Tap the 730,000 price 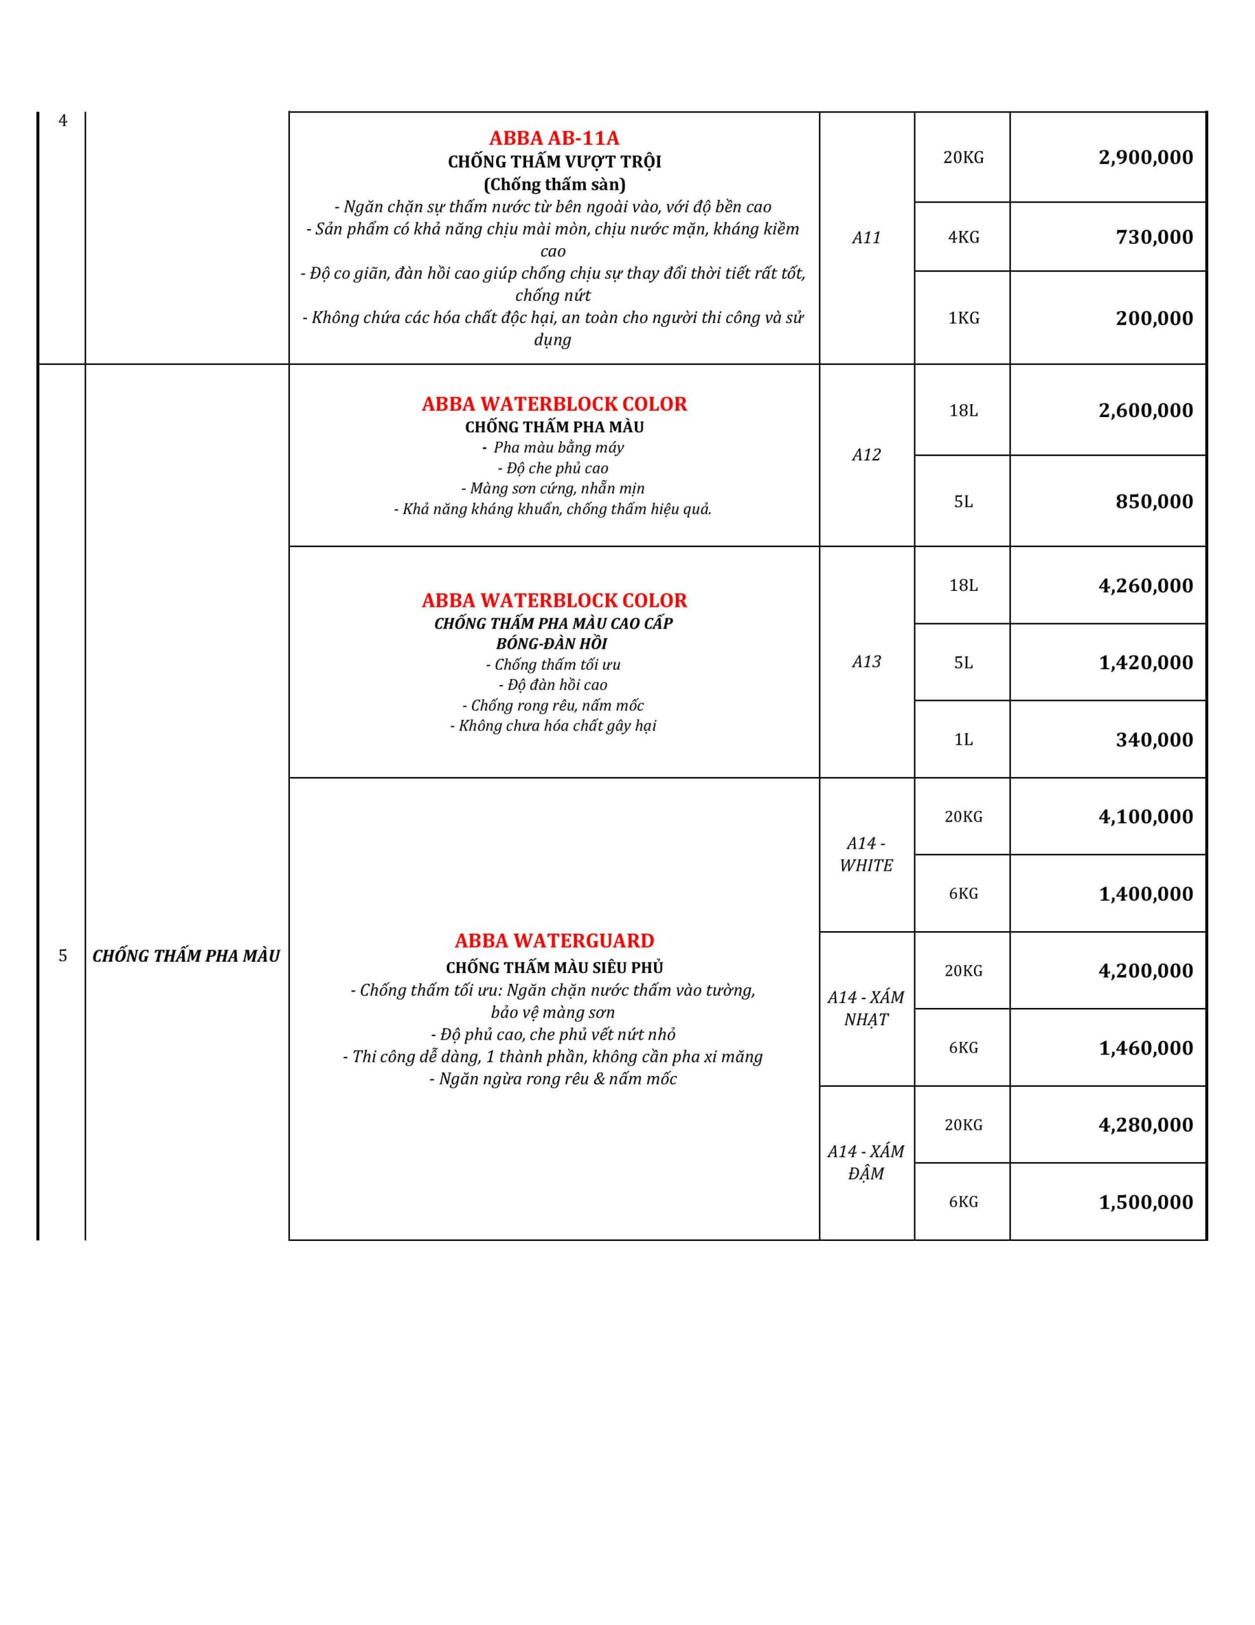point(1154,237)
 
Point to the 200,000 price point(1154,319)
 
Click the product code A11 point(866,238)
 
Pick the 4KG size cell point(963,237)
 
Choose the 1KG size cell point(963,319)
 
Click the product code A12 point(866,455)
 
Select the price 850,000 point(1154,501)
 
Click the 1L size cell point(963,740)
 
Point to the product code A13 point(866,662)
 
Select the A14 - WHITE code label point(866,854)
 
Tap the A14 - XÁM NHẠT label point(866,1008)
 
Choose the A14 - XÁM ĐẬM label point(866,1162)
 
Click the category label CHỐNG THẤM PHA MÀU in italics point(186,956)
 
